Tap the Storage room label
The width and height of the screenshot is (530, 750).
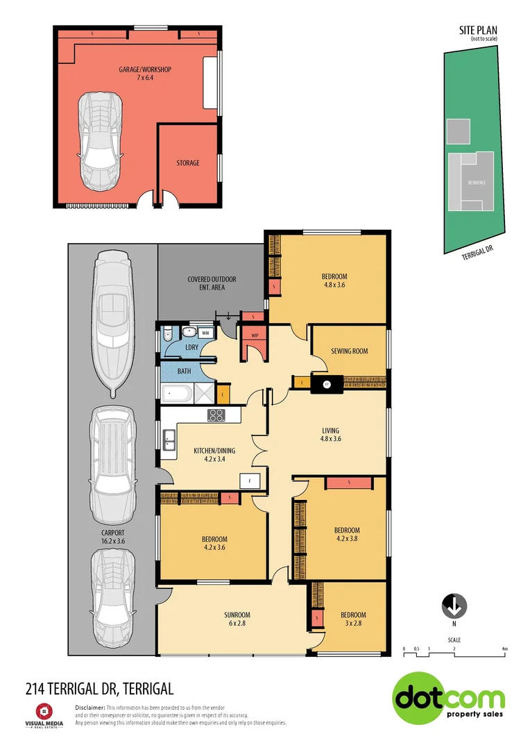point(187,163)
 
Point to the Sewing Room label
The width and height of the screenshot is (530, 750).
point(350,351)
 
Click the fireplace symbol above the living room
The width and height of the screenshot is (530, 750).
point(326,383)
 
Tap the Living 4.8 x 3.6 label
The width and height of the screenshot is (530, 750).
point(330,434)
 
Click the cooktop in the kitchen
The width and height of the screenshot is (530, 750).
point(216,416)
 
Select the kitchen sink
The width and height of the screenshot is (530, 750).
point(169,439)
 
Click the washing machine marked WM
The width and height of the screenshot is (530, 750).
point(205,333)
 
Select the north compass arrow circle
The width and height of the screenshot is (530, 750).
point(454,606)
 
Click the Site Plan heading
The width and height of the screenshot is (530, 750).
point(478,31)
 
